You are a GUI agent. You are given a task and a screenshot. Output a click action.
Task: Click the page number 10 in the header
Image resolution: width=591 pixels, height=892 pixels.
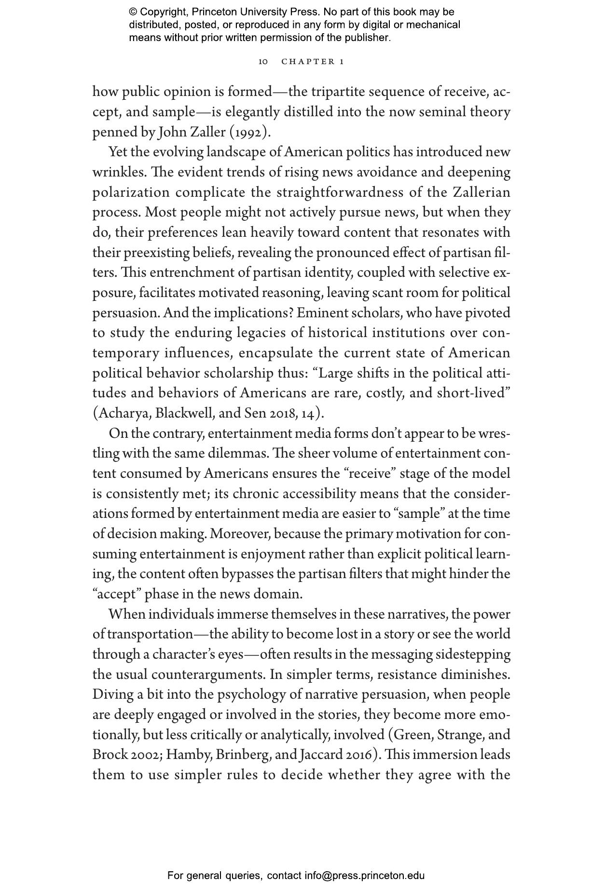[x=263, y=62]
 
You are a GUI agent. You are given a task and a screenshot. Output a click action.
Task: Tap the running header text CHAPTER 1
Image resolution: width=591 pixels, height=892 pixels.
[x=313, y=62]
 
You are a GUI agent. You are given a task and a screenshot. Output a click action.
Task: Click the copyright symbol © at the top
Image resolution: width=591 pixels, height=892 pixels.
[x=133, y=12]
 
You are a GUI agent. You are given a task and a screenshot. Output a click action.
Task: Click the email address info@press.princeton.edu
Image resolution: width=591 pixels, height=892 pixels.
[x=364, y=876]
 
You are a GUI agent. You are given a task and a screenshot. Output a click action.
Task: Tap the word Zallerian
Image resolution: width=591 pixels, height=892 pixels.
[x=481, y=192]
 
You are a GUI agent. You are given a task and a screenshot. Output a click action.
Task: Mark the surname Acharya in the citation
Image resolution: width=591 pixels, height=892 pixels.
[x=124, y=413]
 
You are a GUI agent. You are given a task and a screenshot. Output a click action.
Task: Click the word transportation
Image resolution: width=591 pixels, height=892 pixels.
[x=150, y=634]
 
